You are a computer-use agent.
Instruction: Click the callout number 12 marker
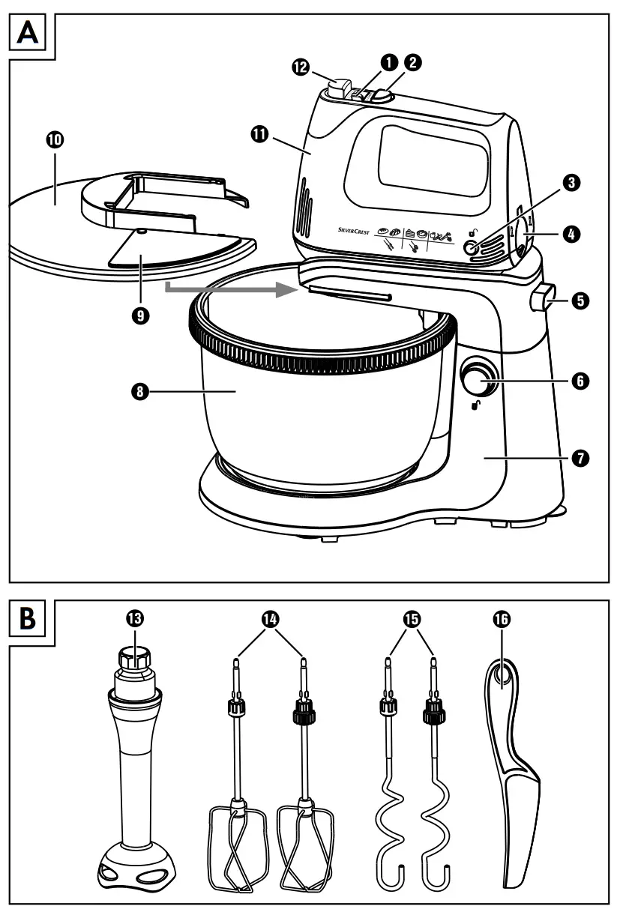coord(301,67)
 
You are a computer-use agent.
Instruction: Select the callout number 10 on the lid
coord(55,140)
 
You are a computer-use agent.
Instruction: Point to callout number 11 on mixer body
coord(259,133)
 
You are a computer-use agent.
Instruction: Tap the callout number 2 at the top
coord(413,63)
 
